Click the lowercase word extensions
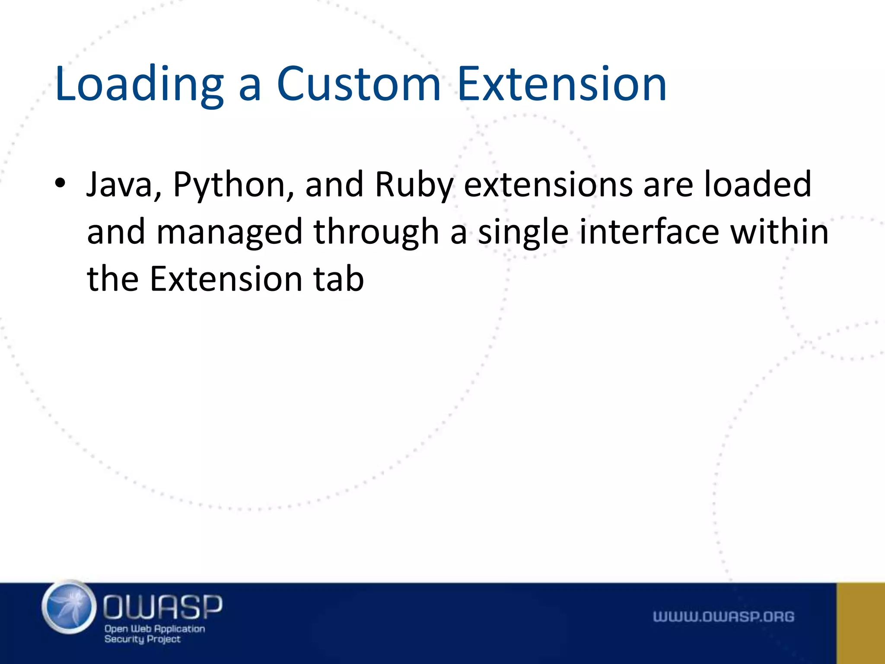click(x=548, y=185)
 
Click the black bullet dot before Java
click(x=60, y=183)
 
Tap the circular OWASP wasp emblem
click(x=69, y=607)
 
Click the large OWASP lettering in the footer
click(x=162, y=607)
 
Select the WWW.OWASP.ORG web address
click(x=723, y=616)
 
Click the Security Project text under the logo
click(x=142, y=639)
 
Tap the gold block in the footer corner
click(x=860, y=623)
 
